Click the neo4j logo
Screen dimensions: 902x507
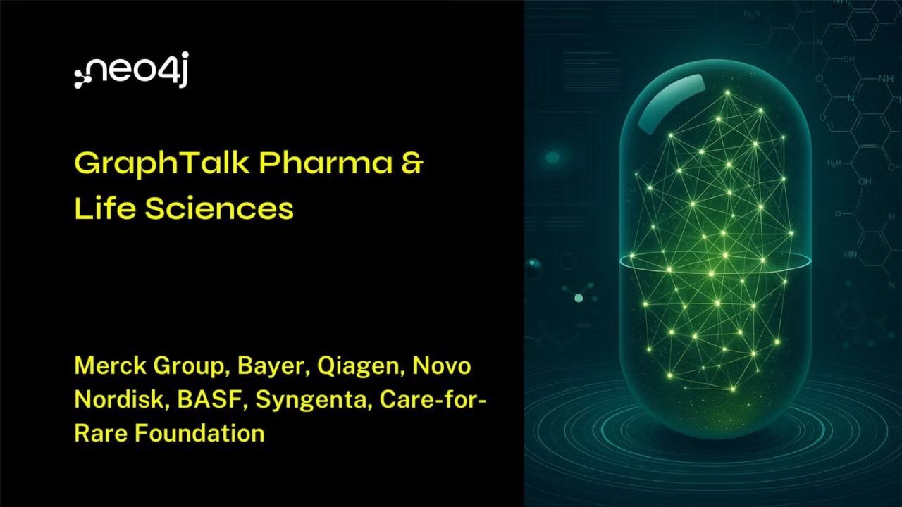click(x=131, y=70)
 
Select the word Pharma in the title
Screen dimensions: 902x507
click(x=326, y=163)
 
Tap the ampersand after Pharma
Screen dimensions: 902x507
click(x=412, y=163)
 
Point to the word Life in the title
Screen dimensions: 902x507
click(x=104, y=208)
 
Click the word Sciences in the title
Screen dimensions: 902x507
click(x=219, y=208)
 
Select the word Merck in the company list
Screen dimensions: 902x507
click(x=111, y=365)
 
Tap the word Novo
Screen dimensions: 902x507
click(x=442, y=365)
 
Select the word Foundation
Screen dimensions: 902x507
click(x=199, y=433)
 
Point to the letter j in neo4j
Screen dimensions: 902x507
click(x=183, y=69)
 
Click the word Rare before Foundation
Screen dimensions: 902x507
click(x=101, y=433)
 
